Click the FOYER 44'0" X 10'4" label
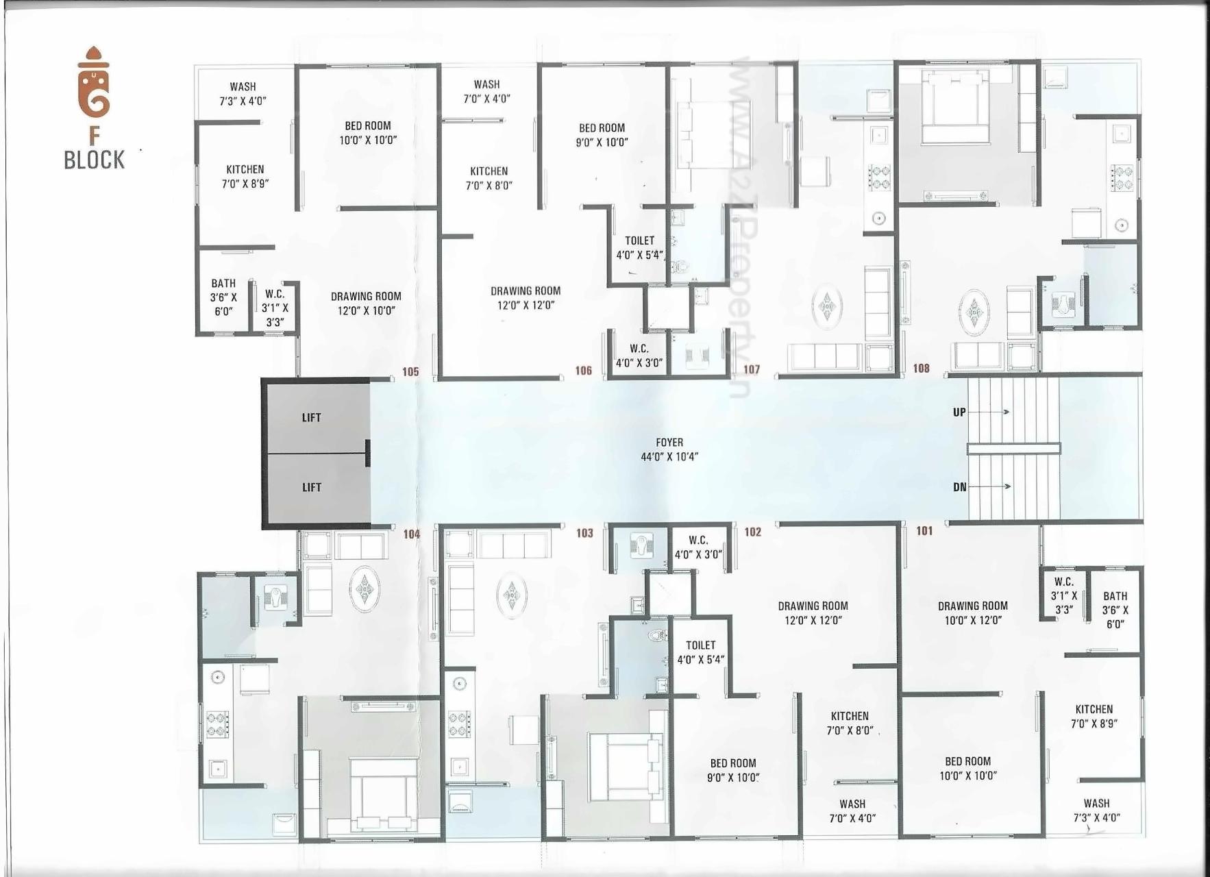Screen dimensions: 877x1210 tap(669, 449)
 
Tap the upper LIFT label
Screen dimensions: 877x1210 tap(311, 417)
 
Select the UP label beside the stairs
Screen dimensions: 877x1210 tap(959, 412)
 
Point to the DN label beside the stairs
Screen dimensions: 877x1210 tap(959, 487)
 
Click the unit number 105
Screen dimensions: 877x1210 tap(410, 372)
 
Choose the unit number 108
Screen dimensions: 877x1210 tap(921, 369)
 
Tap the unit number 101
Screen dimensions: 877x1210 tap(924, 530)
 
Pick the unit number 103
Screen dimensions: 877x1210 tap(584, 533)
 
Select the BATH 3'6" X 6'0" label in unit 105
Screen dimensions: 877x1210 tap(223, 297)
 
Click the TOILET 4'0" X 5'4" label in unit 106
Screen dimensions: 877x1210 tap(639, 247)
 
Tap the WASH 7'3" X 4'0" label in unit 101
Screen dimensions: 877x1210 tap(1096, 810)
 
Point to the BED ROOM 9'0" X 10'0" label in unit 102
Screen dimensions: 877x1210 tap(733, 770)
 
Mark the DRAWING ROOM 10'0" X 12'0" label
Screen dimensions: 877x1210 tap(972, 613)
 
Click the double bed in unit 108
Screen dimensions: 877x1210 tap(956, 110)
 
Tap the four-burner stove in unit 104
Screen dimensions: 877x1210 tap(218, 724)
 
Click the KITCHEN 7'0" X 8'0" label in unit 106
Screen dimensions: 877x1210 tap(489, 178)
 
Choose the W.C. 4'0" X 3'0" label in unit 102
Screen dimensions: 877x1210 tap(698, 547)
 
